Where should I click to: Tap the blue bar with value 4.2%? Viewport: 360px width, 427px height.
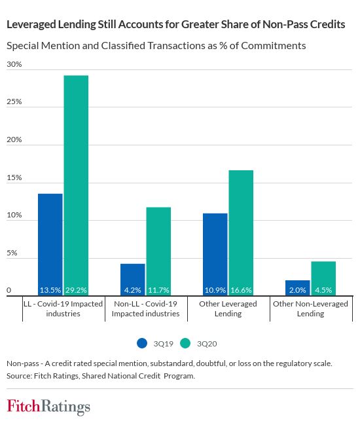pos(133,279)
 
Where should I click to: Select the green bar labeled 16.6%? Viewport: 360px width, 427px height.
pos(241,232)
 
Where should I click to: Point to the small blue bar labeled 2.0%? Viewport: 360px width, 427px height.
pos(298,288)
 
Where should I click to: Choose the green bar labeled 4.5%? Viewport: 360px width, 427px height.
pos(323,278)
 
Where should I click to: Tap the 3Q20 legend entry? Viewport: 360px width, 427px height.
pos(200,343)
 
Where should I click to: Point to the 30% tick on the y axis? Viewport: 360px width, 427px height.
pos(14,64)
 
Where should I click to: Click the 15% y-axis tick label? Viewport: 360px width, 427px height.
pos(14,177)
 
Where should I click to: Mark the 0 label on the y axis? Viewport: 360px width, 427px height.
pos(9,290)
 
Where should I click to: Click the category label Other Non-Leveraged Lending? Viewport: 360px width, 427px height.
pos(311,308)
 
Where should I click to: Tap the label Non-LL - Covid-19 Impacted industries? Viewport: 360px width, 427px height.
pos(146,308)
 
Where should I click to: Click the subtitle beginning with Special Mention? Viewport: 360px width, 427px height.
pos(156,46)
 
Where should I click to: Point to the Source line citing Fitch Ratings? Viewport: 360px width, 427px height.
pos(101,376)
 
